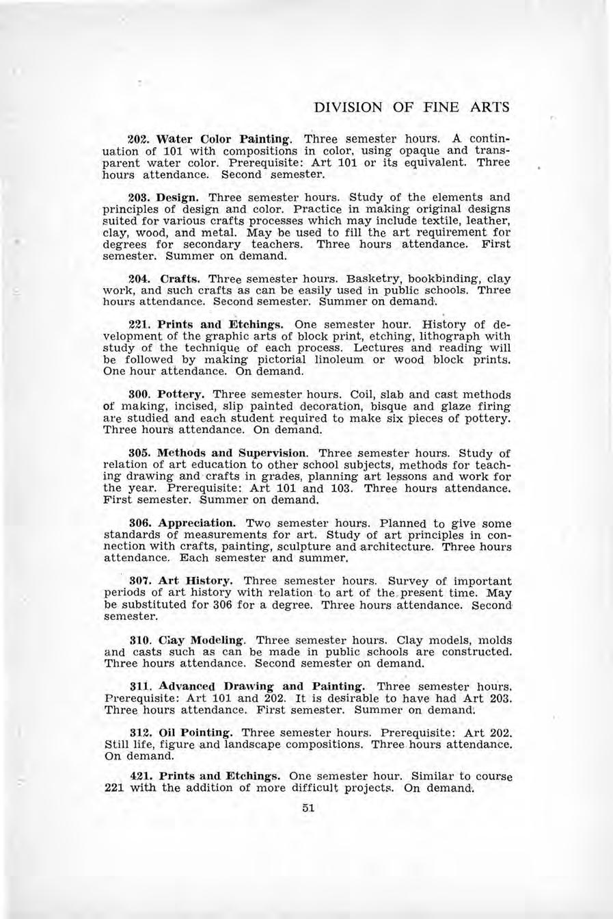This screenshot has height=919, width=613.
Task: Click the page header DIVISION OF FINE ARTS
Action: [x=410, y=107]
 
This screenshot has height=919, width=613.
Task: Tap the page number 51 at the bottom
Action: [x=307, y=808]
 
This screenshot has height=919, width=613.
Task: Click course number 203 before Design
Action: [x=139, y=196]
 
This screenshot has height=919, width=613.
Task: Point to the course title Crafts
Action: [x=180, y=279]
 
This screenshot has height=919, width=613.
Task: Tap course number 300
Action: [x=139, y=395]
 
